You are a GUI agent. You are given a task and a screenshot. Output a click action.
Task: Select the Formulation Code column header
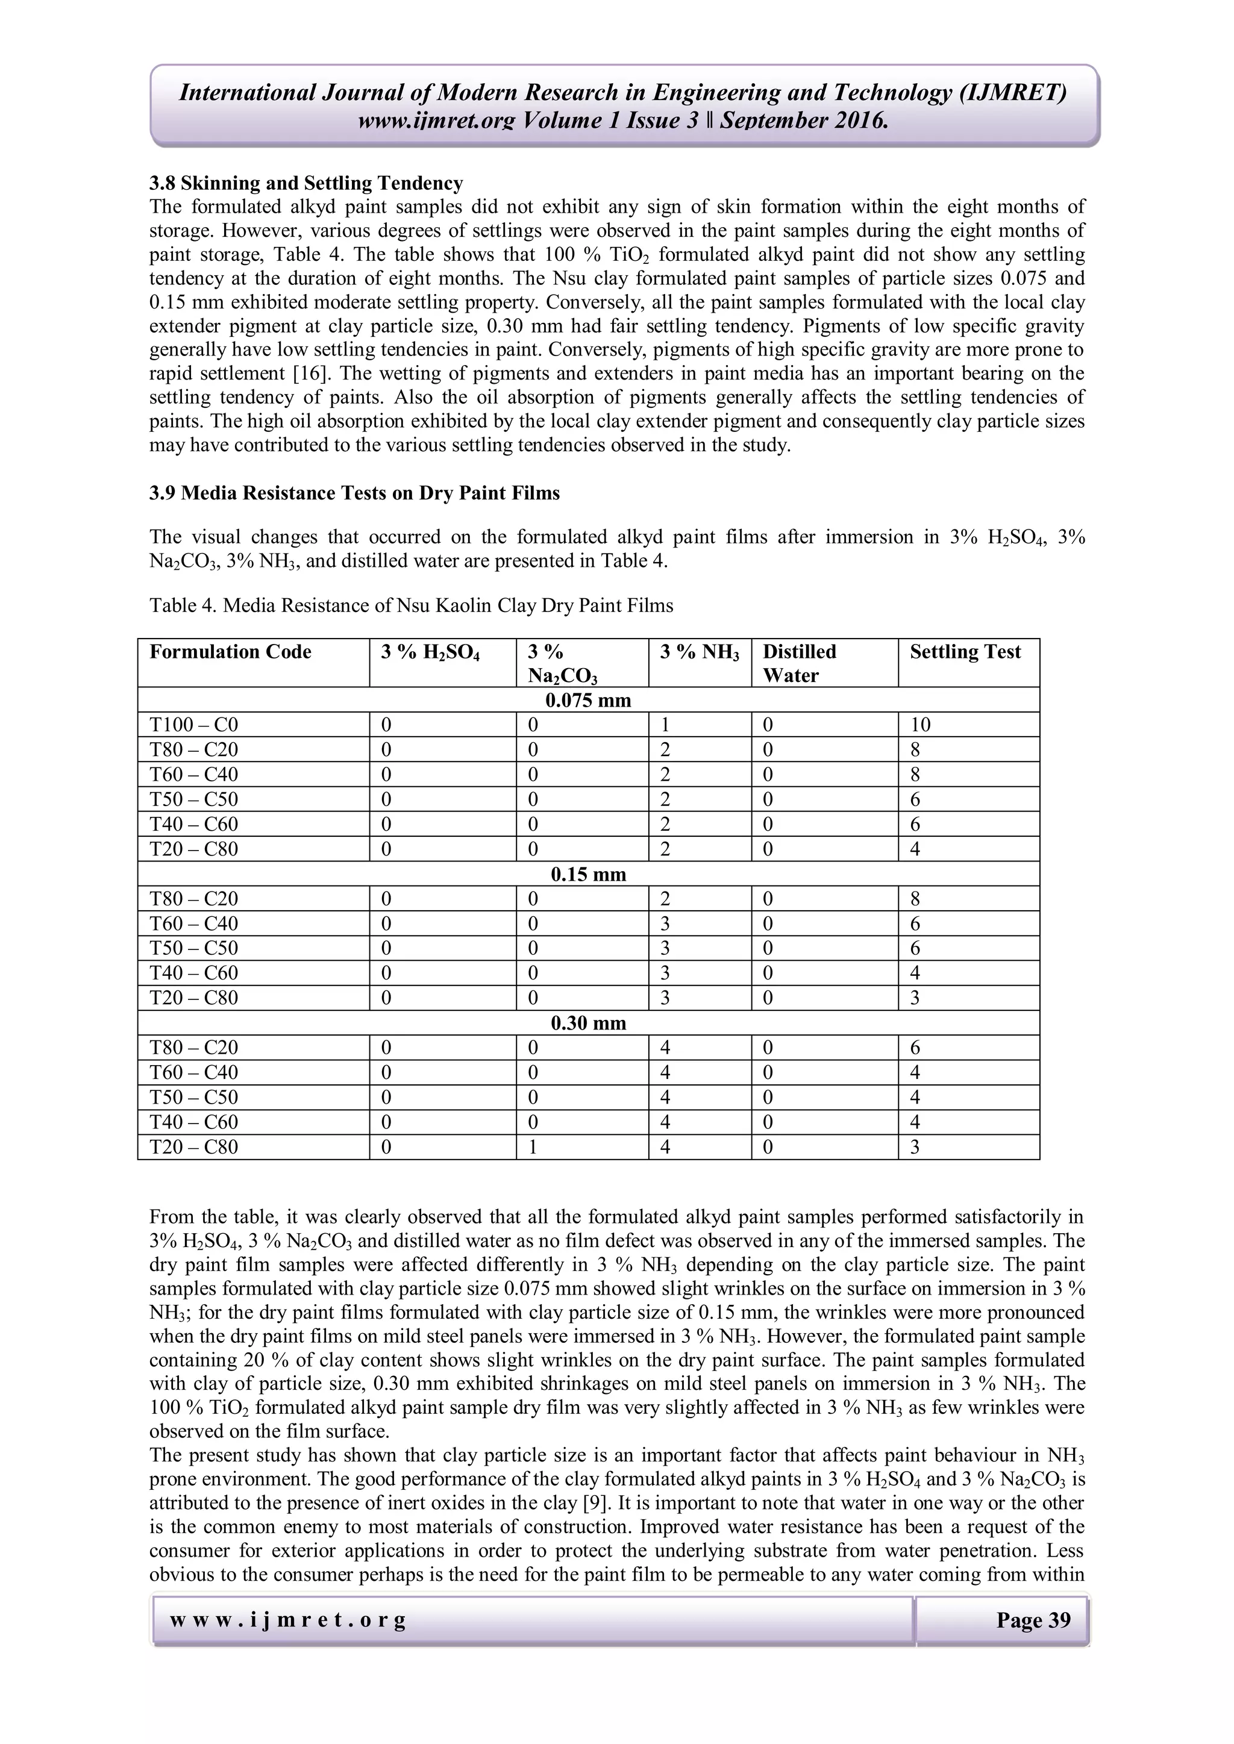[230, 652]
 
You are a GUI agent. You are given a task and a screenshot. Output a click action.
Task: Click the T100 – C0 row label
[194, 725]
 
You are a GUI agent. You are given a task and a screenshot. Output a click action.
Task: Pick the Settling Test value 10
[920, 725]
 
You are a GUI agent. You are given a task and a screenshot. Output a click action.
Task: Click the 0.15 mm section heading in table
[588, 874]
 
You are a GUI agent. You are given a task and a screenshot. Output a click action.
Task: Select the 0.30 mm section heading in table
[588, 1023]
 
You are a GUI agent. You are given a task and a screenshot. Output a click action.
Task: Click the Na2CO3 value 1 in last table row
[533, 1147]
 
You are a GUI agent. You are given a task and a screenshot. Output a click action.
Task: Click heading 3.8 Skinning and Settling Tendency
[305, 183]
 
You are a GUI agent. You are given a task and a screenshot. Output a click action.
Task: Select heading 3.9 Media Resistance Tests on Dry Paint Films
[354, 493]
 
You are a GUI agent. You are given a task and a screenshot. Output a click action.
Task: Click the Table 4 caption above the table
[411, 605]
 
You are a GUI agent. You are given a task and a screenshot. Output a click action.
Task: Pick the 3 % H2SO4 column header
[430, 652]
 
